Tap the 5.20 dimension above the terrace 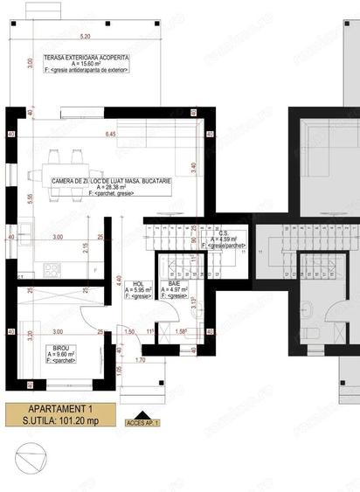(x=84, y=38)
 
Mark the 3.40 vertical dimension (x=203, y=163)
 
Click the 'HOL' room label (x=138, y=284)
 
